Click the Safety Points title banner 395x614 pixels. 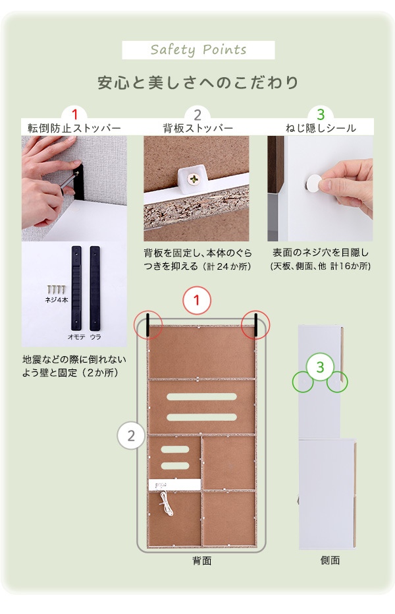198,49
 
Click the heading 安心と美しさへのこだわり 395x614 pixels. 197,82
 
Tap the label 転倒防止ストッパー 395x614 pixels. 74,128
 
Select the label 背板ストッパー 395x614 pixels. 197,128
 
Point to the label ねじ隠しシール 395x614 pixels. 321,128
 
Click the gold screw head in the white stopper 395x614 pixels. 194,179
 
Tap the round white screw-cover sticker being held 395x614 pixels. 313,183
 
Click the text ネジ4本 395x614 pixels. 57,300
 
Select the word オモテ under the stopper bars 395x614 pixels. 76,337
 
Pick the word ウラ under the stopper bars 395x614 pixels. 95,337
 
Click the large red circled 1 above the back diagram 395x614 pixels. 197,301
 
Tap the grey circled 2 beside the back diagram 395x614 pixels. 131,435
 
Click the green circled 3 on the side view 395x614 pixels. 321,367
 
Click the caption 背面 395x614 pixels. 201,561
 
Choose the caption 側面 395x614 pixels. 330,561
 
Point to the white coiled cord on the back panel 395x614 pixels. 167,504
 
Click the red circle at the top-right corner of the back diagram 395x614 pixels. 255,325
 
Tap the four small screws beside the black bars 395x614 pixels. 56,290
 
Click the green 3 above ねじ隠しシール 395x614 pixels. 321,114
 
